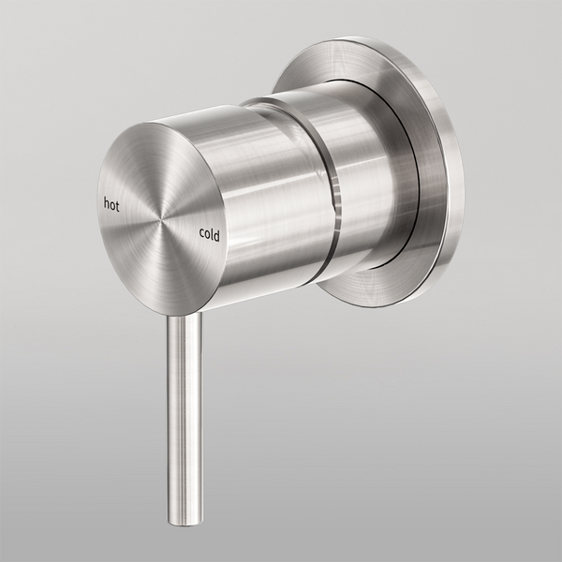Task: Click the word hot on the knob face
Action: (x=111, y=201)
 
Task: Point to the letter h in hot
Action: (x=106, y=200)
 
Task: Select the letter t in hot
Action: (x=118, y=203)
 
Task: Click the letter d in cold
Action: (x=217, y=236)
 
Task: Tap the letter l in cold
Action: (x=213, y=235)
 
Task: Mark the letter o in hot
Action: (x=112, y=202)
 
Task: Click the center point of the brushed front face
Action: (x=160, y=218)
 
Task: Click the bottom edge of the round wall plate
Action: (x=375, y=305)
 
